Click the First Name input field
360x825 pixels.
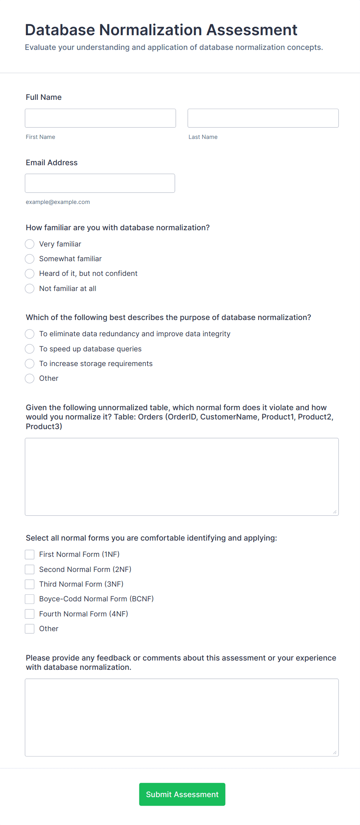[100, 118]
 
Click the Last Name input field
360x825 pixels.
[263, 118]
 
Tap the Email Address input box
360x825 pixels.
[100, 183]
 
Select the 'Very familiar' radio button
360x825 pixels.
[30, 244]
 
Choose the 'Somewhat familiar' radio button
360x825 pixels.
[30, 259]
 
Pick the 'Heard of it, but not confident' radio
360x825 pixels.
[30, 274]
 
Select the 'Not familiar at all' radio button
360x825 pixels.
[30, 289]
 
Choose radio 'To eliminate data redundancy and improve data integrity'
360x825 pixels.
[30, 334]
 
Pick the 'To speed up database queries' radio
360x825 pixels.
[30, 349]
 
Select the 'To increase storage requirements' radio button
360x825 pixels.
[30, 364]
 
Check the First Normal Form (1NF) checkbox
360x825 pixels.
[30, 555]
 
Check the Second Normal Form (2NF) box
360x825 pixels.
[30, 570]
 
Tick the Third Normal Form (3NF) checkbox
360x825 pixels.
[30, 584]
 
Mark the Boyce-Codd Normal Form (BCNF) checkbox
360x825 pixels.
[30, 599]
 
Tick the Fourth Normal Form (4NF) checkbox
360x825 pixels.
[30, 614]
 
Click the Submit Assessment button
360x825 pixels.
[182, 794]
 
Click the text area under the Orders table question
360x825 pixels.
[182, 477]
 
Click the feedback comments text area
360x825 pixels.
[182, 717]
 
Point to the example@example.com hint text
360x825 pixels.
[58, 202]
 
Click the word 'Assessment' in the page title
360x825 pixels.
[252, 30]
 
